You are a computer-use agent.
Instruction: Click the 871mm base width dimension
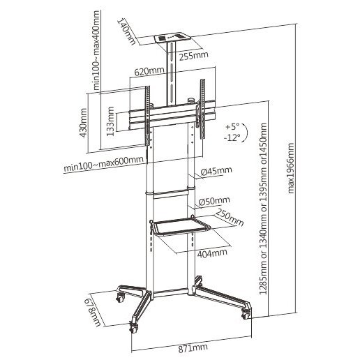193,348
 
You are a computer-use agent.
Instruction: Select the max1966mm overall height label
291,168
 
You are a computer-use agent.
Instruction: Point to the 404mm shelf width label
212,253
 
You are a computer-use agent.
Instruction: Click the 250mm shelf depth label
230,218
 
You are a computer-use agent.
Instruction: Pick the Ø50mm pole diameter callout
214,201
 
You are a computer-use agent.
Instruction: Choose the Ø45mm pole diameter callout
216,171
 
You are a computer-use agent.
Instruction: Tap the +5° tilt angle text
232,127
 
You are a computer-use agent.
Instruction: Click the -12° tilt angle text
232,137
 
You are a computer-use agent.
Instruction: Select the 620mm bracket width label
149,71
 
